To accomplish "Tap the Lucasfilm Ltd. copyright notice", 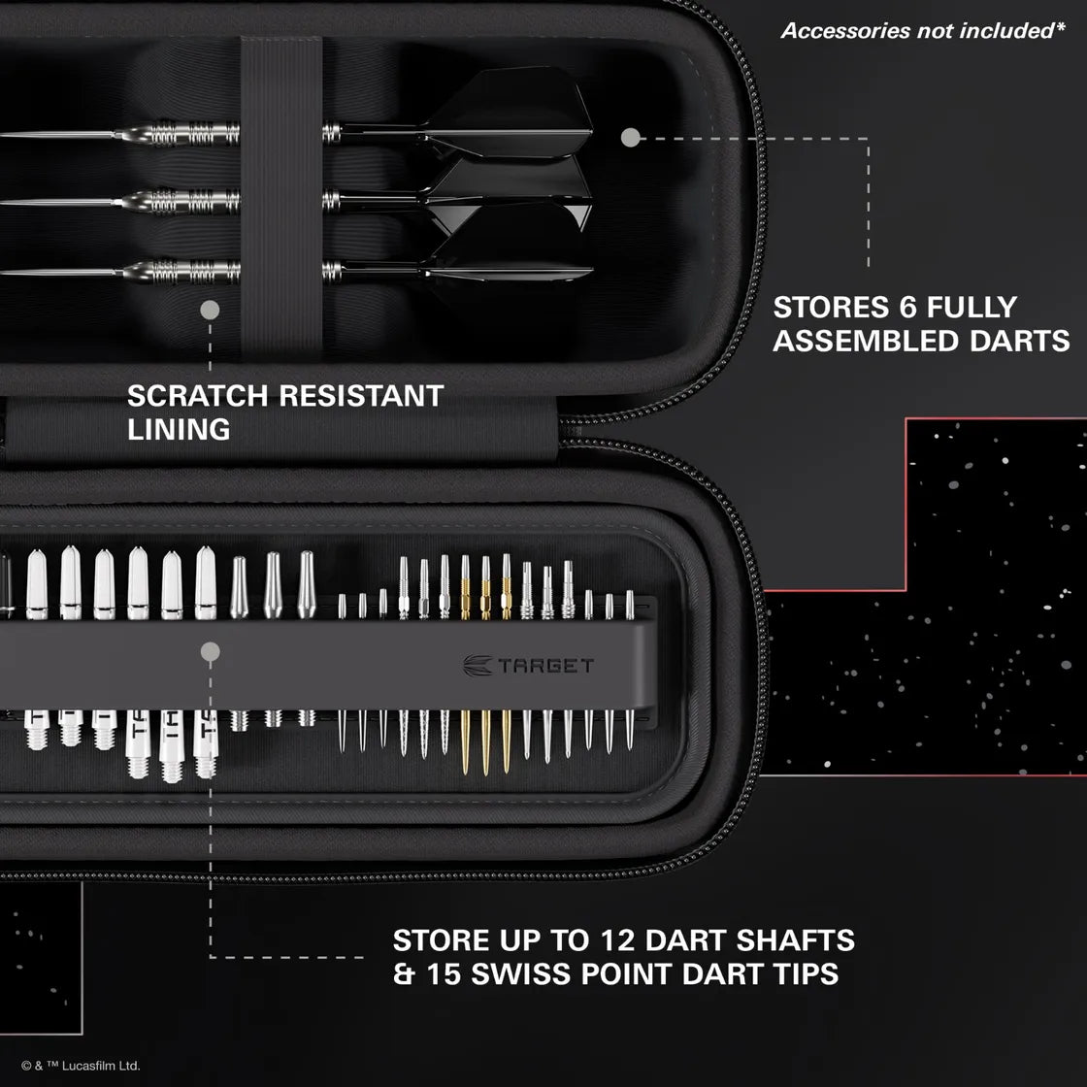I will [81, 1066].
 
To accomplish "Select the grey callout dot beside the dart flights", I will [631, 138].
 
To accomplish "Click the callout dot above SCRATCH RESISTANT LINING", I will [210, 311].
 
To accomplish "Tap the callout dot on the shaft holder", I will [210, 652].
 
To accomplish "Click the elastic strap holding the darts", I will [281, 194].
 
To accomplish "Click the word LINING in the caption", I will [179, 429].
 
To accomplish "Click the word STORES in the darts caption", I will [825, 308].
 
